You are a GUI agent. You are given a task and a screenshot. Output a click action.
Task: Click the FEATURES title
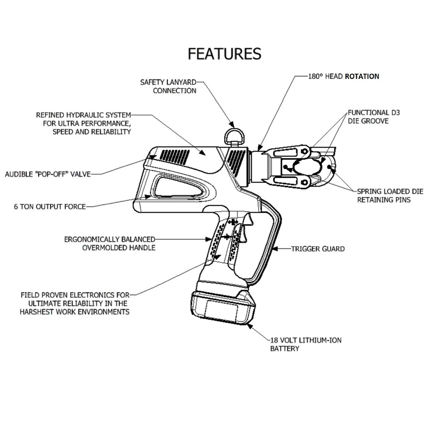[224, 54]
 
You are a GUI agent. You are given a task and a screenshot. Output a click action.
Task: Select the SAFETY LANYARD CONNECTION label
[168, 86]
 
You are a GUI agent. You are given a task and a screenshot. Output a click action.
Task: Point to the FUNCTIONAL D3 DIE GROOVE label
[374, 117]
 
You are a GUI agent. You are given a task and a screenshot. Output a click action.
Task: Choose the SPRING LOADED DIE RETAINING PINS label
[390, 196]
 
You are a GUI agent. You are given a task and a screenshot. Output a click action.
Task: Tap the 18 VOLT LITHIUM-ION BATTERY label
[306, 344]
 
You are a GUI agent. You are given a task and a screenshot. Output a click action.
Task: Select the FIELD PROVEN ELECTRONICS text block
[75, 303]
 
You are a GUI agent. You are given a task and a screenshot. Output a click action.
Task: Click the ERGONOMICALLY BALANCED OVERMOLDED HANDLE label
[110, 244]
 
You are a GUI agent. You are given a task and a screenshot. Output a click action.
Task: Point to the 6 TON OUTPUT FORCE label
[49, 206]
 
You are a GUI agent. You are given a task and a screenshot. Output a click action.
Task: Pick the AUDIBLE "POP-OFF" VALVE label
[47, 174]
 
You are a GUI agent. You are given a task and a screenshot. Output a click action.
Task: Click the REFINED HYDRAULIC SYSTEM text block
[83, 123]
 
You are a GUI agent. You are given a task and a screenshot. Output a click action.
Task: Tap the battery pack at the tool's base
[222, 308]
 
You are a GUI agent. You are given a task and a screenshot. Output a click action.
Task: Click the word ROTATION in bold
[362, 76]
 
